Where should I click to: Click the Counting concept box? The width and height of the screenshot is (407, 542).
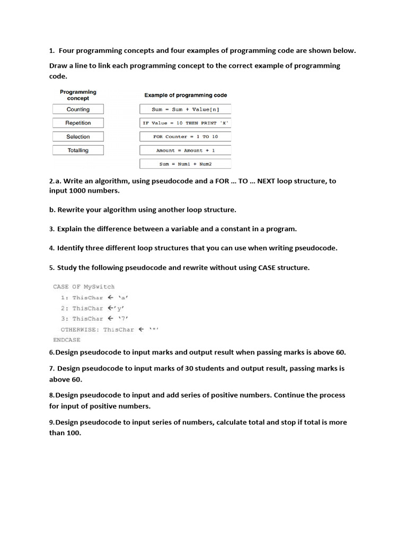78,110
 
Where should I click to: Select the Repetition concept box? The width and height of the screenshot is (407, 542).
78,123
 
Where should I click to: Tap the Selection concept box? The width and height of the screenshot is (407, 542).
78,137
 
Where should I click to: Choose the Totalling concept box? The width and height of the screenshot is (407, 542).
78,150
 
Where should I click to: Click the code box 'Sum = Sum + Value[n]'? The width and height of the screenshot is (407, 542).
185,110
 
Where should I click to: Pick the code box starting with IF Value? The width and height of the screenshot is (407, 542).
185,123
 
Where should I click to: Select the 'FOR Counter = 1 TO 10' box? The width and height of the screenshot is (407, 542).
185,137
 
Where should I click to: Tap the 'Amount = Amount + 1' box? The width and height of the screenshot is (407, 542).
185,150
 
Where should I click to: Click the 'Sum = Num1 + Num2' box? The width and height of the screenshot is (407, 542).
185,164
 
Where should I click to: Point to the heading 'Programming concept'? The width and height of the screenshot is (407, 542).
78,95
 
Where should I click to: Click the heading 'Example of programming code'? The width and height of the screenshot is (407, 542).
185,95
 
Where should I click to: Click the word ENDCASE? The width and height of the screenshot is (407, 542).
67,340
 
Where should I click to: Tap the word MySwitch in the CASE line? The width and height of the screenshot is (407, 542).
99,286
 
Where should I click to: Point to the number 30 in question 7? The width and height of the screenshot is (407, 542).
189,368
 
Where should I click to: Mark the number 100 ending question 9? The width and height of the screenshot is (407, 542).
74,433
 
